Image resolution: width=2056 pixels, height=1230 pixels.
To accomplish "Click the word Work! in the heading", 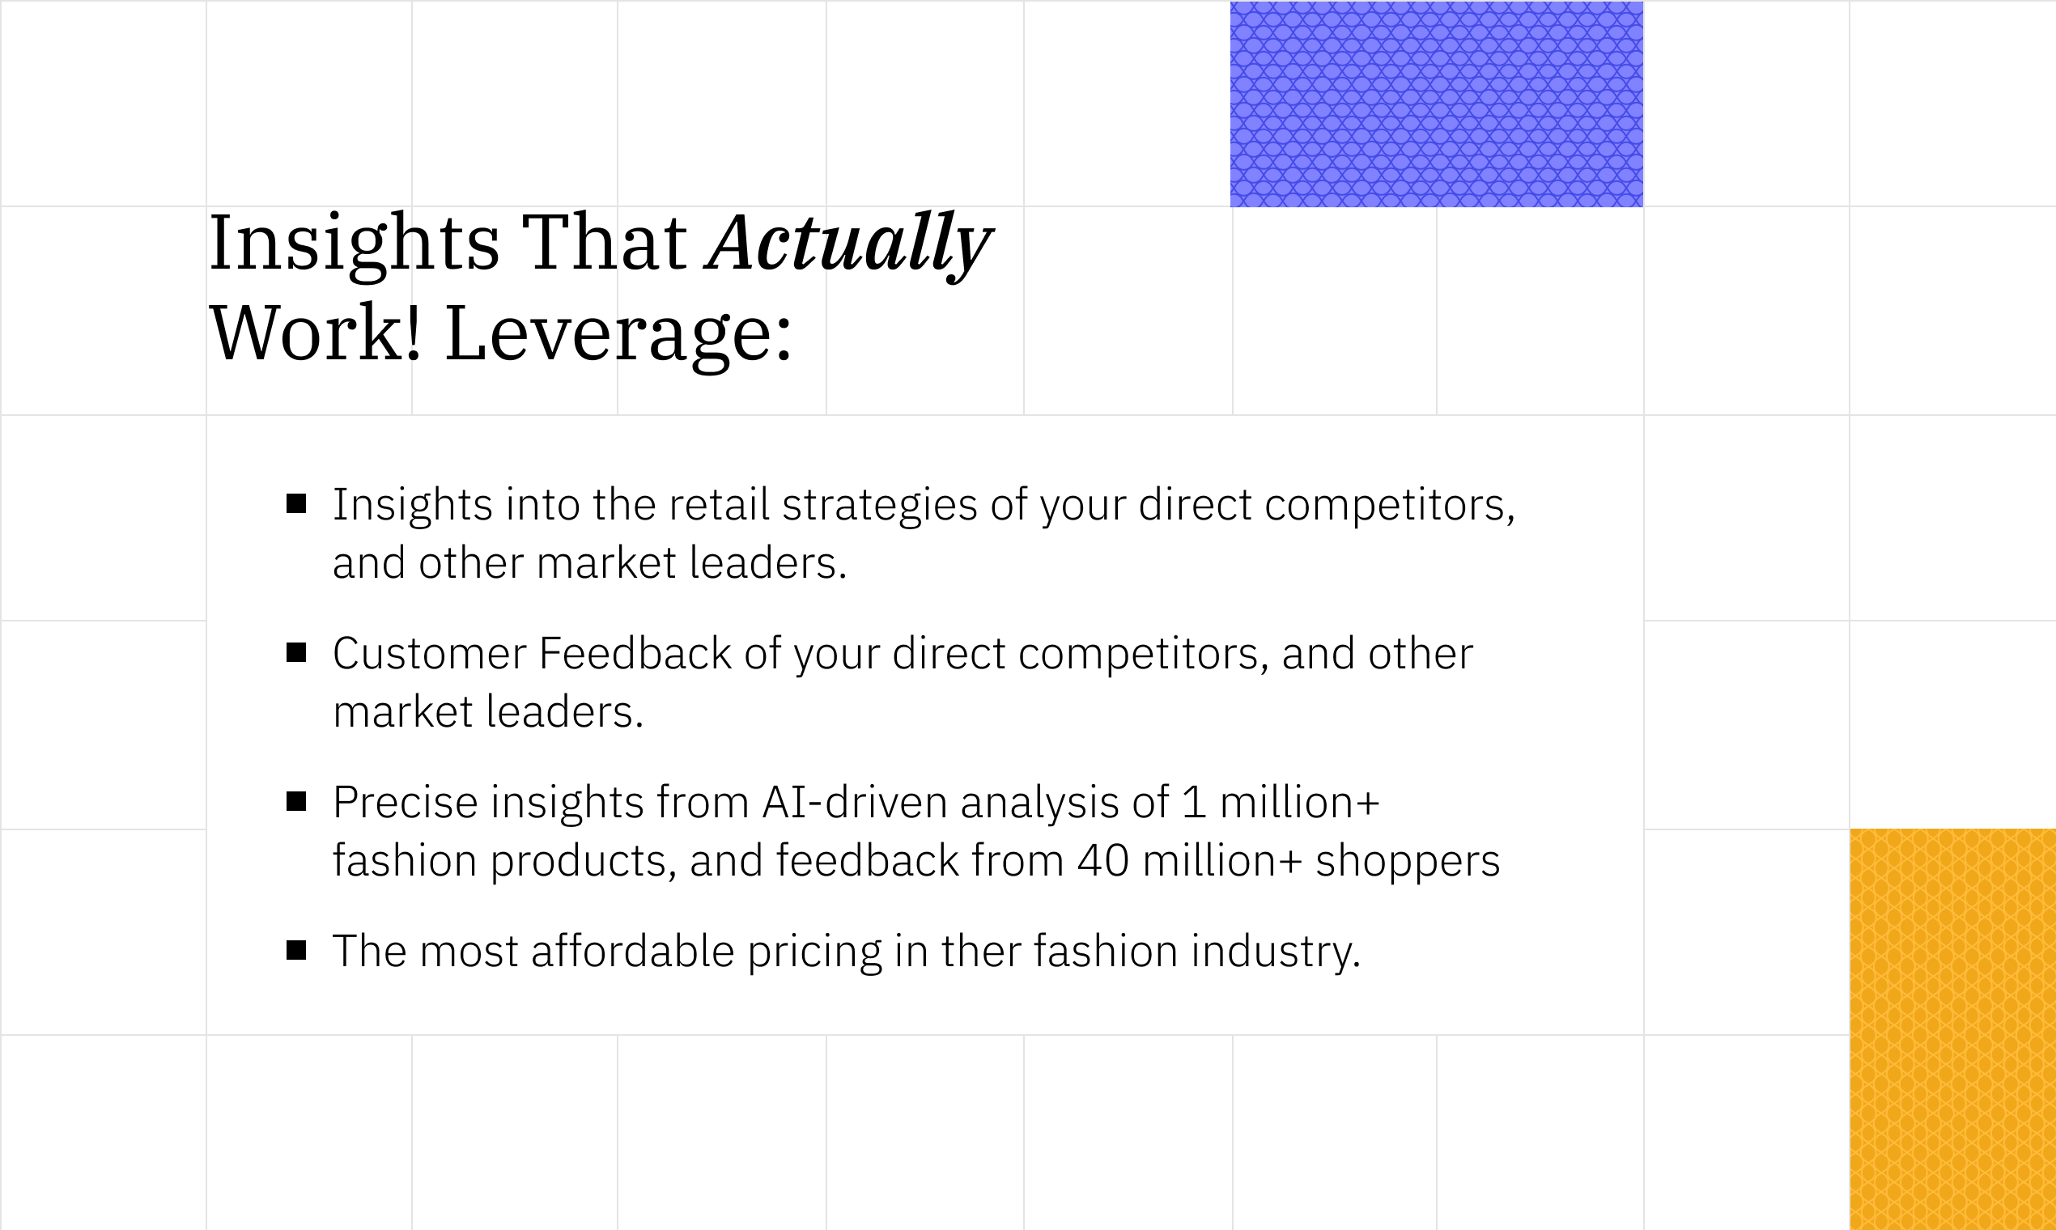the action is coord(316,333).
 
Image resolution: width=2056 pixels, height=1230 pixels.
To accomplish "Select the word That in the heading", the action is coord(604,243).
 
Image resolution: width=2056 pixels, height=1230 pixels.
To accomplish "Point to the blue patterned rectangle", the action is coord(1437,104).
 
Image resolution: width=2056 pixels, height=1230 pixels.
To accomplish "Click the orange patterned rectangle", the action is coord(1953,1029).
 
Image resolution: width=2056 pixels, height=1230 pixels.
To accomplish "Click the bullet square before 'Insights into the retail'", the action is coord(296,504).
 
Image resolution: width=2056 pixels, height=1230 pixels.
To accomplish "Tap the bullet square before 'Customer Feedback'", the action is coord(296,653).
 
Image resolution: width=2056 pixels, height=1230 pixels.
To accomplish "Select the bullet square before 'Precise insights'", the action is coord(296,801).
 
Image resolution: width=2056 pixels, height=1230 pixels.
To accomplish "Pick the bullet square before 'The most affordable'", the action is coord(296,950).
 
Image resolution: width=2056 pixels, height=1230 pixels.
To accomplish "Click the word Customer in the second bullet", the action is coord(430,653).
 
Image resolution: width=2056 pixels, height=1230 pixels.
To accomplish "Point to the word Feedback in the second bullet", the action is coord(635,653).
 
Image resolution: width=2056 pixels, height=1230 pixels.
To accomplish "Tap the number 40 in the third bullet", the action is coord(1102,861).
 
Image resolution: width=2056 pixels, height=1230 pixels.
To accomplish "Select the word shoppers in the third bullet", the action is coord(1408,862).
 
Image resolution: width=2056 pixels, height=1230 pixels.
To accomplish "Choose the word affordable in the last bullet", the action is coord(632,951).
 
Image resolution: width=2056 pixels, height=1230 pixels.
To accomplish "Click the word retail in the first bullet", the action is coord(719,505).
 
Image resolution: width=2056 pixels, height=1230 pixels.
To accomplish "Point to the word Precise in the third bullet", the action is coord(406,802).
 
